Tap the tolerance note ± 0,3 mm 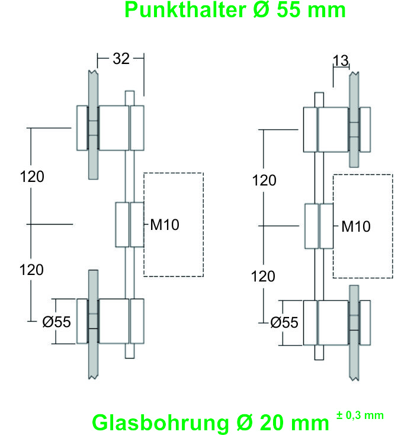(x=360, y=415)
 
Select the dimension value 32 (x=121, y=58)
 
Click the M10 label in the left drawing (x=164, y=224)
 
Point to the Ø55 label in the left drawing (x=57, y=322)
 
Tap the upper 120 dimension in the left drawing (x=32, y=177)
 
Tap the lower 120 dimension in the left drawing (x=32, y=270)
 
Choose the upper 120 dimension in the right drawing (x=264, y=180)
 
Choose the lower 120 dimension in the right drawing (x=264, y=276)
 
